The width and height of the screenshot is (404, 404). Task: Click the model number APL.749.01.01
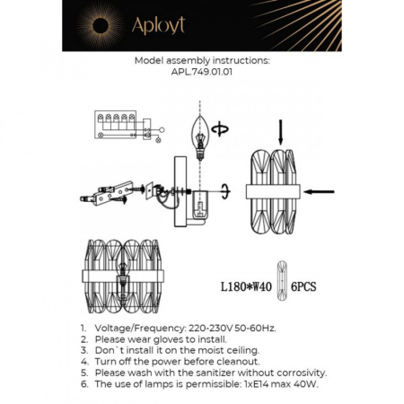pyautogui.click(x=201, y=75)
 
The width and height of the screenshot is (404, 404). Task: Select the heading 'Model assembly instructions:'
pyautogui.click(x=201, y=63)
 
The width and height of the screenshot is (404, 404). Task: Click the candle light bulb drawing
pyautogui.click(x=199, y=134)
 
